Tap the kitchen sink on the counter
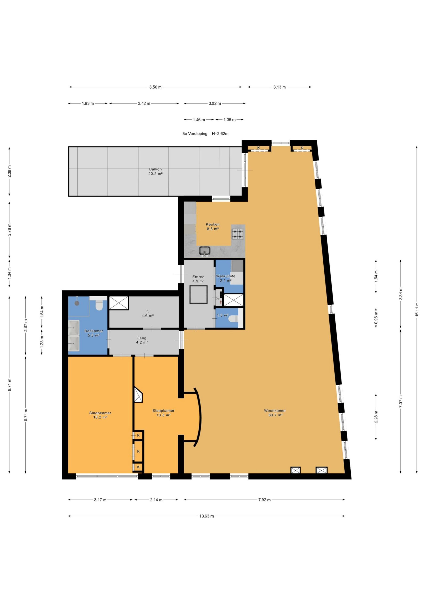204,251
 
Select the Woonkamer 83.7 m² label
275,413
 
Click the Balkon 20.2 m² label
155,171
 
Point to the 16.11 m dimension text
417,310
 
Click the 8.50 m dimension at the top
155,87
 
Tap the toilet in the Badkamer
99,305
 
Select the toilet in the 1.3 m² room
233,319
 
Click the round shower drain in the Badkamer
77,303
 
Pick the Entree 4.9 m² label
198,279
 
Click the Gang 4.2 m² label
141,340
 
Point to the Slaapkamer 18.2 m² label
100,415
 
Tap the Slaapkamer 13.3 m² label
164,413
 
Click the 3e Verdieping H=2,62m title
205,134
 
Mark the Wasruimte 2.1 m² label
225,278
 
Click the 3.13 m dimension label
279,87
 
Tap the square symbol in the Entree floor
198,294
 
